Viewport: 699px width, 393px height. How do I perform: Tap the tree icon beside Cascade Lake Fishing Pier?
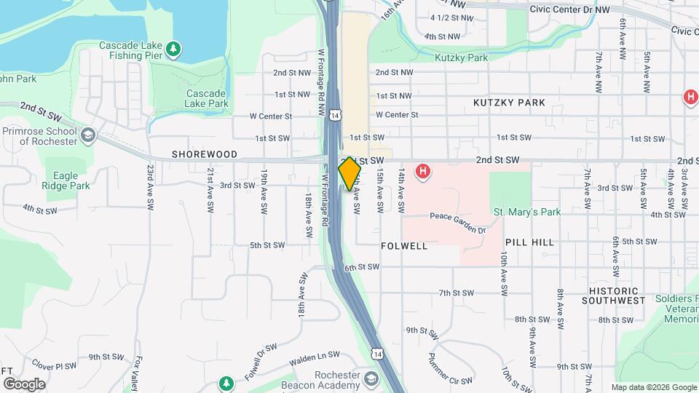173,49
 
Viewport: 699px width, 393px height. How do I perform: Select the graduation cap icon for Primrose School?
88,135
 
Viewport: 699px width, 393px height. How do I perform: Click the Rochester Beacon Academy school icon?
371,379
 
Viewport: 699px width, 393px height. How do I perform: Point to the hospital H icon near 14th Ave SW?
422,172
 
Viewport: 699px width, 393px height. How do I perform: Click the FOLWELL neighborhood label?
404,246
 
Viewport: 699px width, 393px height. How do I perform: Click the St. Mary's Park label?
528,213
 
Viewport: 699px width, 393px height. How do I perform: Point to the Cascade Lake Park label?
208,98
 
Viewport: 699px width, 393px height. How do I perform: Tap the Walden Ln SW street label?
315,355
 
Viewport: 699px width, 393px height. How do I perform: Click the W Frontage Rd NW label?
321,79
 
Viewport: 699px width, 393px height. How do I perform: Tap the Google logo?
24,384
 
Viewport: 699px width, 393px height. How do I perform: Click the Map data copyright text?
652,387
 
